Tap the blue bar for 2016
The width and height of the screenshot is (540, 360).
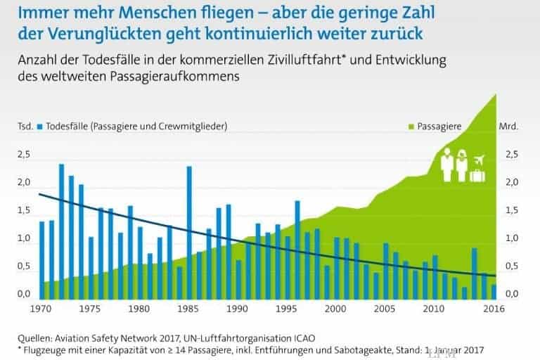494,291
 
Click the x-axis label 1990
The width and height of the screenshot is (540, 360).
238,307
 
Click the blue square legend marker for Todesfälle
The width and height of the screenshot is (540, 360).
40,127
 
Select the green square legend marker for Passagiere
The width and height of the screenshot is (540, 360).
411,127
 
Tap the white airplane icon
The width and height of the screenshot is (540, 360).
481,158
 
